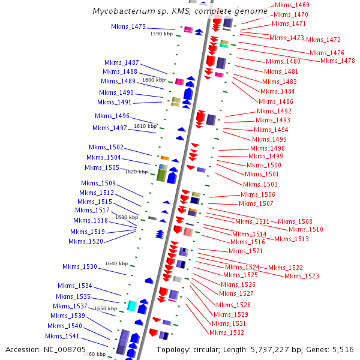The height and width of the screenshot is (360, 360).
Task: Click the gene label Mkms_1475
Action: tap(128, 26)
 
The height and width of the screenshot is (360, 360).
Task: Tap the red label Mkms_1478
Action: tap(337, 61)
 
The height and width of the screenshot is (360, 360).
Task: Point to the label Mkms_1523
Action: tap(302, 276)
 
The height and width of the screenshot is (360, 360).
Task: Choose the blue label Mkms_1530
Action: tap(80, 266)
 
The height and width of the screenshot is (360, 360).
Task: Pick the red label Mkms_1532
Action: tap(227, 332)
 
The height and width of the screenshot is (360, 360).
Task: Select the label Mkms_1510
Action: tap(306, 229)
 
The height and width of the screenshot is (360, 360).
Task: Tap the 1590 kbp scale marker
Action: tap(161, 34)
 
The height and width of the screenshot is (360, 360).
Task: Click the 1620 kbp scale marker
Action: tap(136, 172)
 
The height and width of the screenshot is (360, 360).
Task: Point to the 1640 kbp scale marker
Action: tap(116, 263)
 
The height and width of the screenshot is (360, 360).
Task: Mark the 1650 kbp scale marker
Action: tap(106, 308)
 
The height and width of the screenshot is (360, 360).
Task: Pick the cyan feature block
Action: tap(131, 305)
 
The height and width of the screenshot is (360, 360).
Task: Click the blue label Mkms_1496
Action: tap(112, 116)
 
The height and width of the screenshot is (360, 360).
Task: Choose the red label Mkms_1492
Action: tap(274, 111)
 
